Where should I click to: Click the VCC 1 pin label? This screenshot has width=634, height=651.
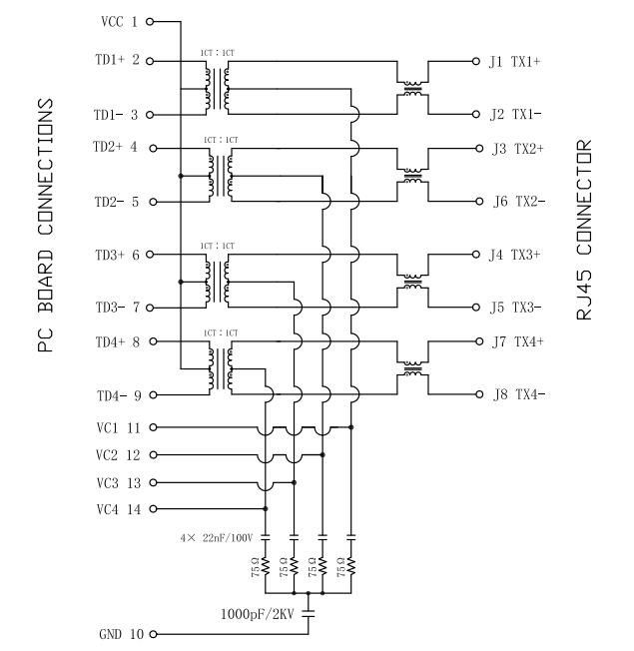click(x=119, y=21)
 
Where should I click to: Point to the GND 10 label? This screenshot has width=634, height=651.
click(x=119, y=634)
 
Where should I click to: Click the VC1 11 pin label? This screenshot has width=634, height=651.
click(x=119, y=427)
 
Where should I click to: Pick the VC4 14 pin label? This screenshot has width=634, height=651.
click(x=119, y=508)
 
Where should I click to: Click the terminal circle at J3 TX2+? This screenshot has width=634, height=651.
click(x=477, y=148)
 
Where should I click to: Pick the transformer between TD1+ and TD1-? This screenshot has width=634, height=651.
click(x=218, y=87)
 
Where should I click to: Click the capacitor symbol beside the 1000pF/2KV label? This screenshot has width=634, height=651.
click(x=311, y=612)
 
